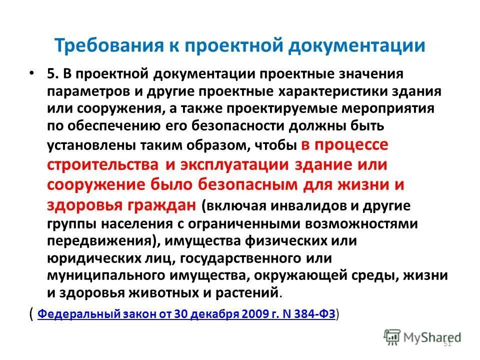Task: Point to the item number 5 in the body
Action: pos(51,74)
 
